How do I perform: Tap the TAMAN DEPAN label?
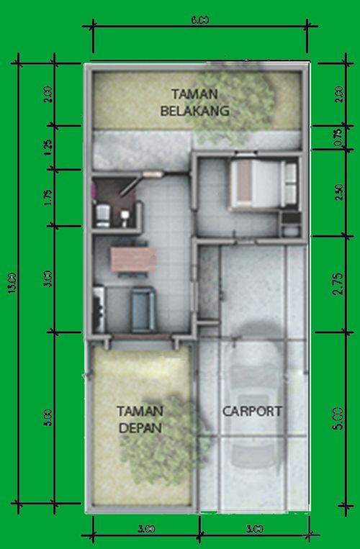click(x=140, y=419)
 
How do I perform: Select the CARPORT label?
click(x=252, y=412)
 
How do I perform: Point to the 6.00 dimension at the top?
click(x=199, y=21)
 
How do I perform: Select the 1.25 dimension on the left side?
click(x=48, y=146)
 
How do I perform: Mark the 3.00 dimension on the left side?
click(x=48, y=278)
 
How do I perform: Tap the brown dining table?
click(x=132, y=259)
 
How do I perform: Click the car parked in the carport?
click(x=255, y=403)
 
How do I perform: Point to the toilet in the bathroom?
click(x=103, y=214)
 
